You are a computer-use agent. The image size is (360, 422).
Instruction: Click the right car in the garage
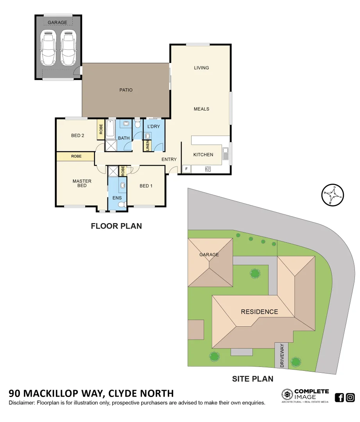point(68,48)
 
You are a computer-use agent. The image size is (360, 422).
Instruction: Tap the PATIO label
point(126,90)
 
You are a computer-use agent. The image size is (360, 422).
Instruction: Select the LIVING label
point(201,68)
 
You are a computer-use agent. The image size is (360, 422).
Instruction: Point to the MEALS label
point(201,109)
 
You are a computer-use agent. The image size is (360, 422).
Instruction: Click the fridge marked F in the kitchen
point(186,169)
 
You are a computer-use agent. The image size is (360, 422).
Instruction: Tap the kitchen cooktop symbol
point(208,169)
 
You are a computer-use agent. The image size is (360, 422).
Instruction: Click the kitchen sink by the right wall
point(226,154)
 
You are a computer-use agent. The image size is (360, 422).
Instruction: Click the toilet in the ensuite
point(121,204)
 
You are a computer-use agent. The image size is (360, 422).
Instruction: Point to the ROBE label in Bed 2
point(100,129)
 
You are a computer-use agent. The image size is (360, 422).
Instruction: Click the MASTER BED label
point(82,183)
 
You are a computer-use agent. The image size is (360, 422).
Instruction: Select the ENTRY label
point(169,159)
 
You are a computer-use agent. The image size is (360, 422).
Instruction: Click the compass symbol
point(332,195)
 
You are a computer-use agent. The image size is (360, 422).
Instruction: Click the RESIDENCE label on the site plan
point(259,312)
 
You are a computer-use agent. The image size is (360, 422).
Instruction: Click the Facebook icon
point(339,398)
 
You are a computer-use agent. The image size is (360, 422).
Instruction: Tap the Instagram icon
point(350,398)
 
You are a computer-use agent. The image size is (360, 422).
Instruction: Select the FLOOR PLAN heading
point(116,226)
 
